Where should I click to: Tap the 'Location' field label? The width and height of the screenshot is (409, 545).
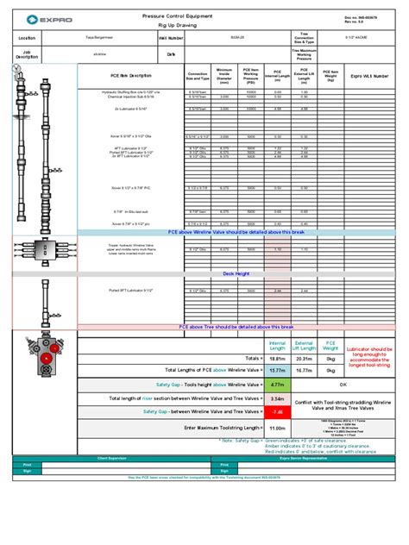coord(28,39)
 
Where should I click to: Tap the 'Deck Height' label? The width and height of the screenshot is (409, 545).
coord(236,273)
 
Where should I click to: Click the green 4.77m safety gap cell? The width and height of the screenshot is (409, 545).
coord(278,385)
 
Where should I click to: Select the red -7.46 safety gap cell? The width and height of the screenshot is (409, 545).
coord(278,412)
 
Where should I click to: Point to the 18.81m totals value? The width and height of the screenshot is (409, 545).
coord(278,357)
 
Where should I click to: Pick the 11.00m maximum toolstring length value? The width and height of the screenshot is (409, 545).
coord(278,428)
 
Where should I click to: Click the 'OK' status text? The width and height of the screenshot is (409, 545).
coord(343,385)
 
